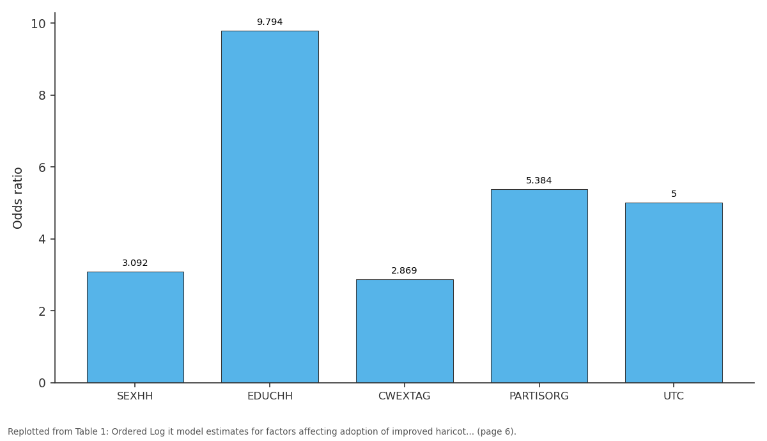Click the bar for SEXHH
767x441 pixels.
[x=136, y=327]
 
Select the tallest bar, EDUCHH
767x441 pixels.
[x=270, y=207]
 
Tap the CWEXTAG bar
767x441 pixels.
[x=405, y=331]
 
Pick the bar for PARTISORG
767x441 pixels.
[x=539, y=286]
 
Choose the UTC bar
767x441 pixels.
[x=674, y=293]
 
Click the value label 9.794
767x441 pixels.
[x=270, y=22]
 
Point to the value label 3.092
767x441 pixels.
[x=135, y=263]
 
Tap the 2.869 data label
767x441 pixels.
[x=404, y=270]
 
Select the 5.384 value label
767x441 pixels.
[x=539, y=180]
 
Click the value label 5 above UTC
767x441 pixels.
[x=674, y=194]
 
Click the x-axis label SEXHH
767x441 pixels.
[x=135, y=396]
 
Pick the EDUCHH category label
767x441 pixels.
[x=270, y=396]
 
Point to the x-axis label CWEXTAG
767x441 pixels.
[x=404, y=396]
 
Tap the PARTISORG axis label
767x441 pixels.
[x=539, y=396]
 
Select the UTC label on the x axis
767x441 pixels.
[x=674, y=396]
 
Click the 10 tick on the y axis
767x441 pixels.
[x=38, y=24]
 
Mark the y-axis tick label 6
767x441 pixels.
[x=42, y=167]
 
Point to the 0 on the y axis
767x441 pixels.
[x=42, y=383]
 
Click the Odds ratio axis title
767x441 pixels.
[x=17, y=198]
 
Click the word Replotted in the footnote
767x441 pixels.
[x=29, y=431]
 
